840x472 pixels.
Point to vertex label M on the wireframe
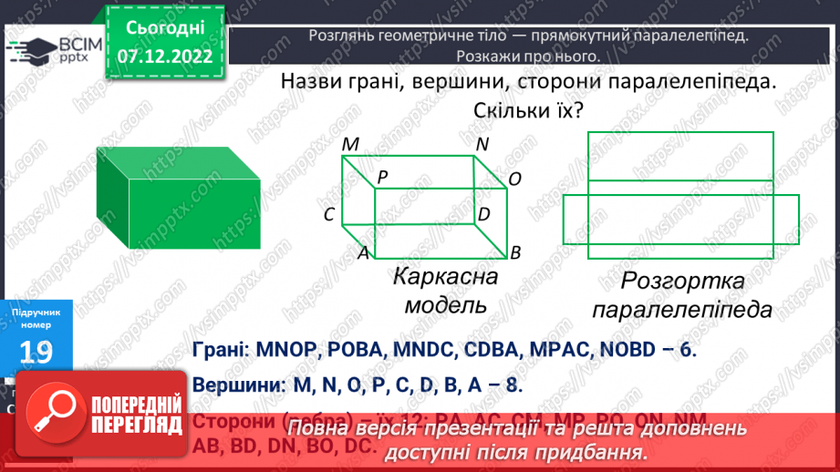coord(350,145)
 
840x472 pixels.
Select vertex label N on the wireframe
coord(482,144)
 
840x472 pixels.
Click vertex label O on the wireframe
coord(514,180)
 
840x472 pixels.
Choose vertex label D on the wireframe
coord(484,214)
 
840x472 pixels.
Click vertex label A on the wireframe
coord(362,253)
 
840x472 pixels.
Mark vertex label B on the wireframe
coord(515,252)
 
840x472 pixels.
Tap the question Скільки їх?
coord(528,111)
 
